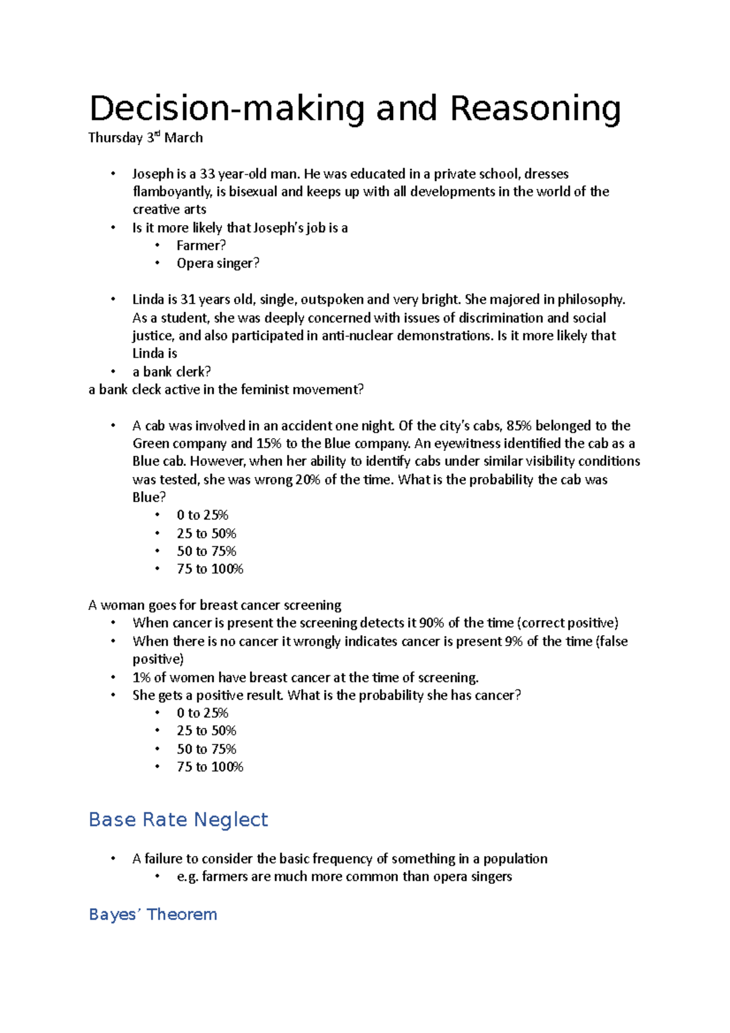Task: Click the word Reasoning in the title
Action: [x=535, y=110]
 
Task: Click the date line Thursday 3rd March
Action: [x=145, y=138]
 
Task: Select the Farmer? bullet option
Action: [x=201, y=246]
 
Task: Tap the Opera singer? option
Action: [x=218, y=263]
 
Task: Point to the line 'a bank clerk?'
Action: [x=172, y=372]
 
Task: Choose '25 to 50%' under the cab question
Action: [x=206, y=534]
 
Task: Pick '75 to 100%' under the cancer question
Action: [x=210, y=767]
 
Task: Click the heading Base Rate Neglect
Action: [x=178, y=819]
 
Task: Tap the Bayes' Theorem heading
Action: [x=153, y=914]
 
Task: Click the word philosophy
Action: [x=591, y=299]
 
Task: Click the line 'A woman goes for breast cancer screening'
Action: [x=215, y=605]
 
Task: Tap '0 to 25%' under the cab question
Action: [x=203, y=515]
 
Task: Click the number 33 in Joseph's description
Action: [x=207, y=174]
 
